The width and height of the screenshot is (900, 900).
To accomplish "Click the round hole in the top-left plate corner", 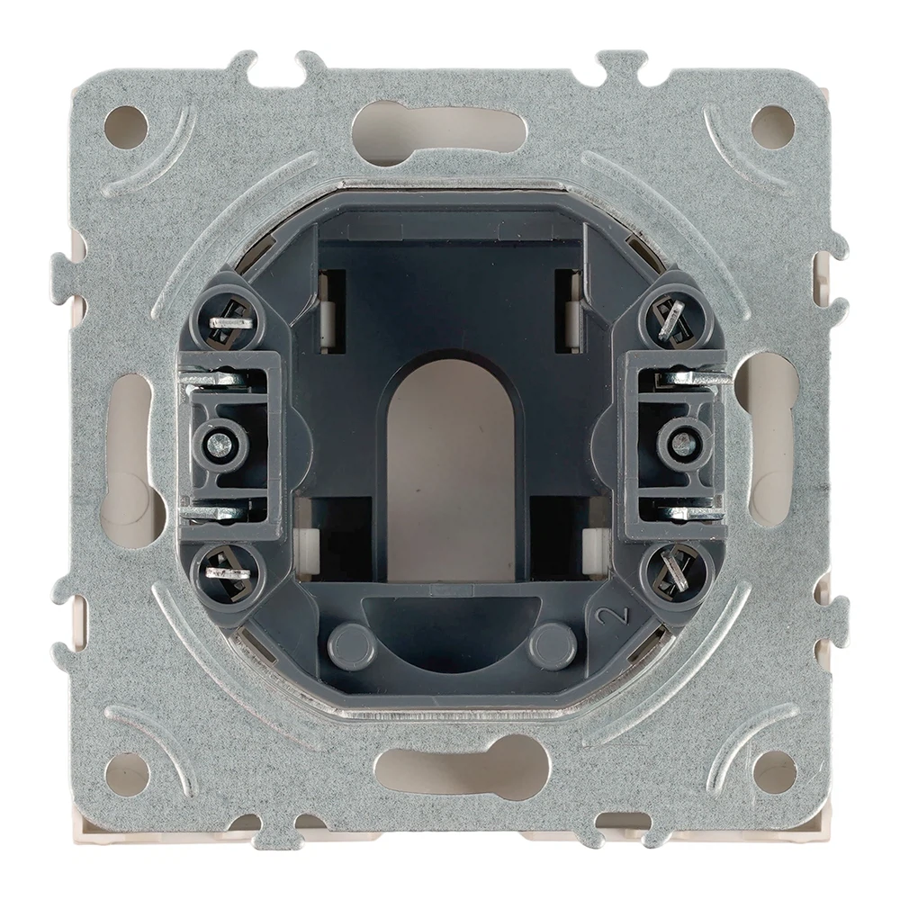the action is click(127, 127).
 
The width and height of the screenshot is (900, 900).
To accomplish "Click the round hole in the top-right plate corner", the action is click(772, 126).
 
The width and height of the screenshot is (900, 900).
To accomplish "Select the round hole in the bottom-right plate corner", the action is click(773, 771).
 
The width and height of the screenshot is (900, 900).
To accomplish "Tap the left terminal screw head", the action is click(220, 442).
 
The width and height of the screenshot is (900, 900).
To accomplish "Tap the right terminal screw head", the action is click(681, 442).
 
